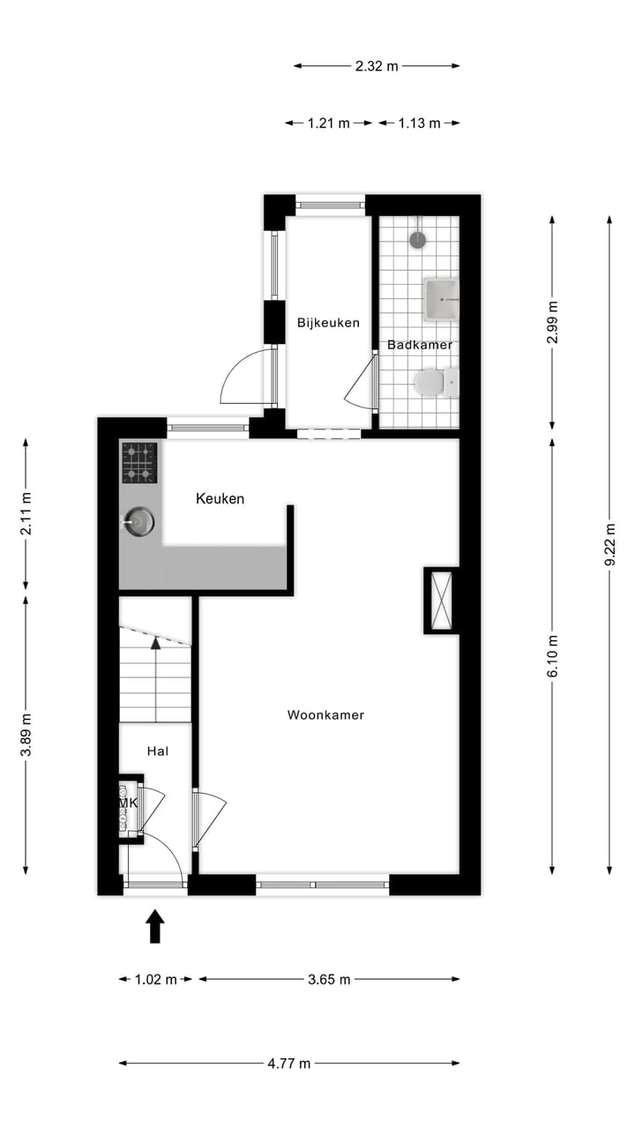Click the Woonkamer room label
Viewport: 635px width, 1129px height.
[x=325, y=715]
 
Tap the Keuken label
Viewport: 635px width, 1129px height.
[x=220, y=499]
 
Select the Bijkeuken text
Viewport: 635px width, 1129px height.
[x=328, y=323]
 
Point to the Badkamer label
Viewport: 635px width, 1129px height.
[x=420, y=345]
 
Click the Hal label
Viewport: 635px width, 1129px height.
[x=157, y=751]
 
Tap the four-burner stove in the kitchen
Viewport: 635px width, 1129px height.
[x=139, y=463]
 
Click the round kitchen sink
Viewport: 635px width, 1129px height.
[x=138, y=521]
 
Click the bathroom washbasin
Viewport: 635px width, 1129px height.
[x=441, y=298]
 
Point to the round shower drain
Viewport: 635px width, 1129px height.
[x=418, y=239]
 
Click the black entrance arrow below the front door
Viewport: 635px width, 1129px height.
[x=155, y=927]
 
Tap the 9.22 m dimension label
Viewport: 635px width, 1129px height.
[x=609, y=547]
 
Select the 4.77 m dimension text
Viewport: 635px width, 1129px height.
[x=289, y=1063]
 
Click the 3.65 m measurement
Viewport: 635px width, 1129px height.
[x=329, y=979]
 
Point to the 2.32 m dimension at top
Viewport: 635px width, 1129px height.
[x=377, y=65]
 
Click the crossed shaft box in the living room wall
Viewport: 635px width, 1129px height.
[x=442, y=600]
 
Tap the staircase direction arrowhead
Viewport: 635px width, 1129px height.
[x=156, y=643]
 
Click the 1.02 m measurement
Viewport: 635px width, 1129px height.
[x=156, y=979]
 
